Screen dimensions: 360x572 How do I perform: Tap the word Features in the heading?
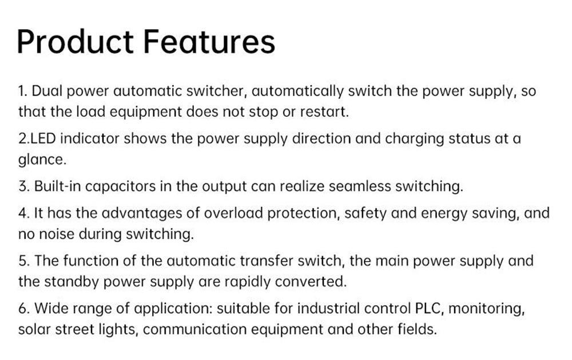(209, 42)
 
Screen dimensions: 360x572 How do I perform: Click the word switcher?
(220, 92)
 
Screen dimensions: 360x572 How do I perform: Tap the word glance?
(42, 160)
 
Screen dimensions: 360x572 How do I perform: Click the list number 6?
(23, 309)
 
